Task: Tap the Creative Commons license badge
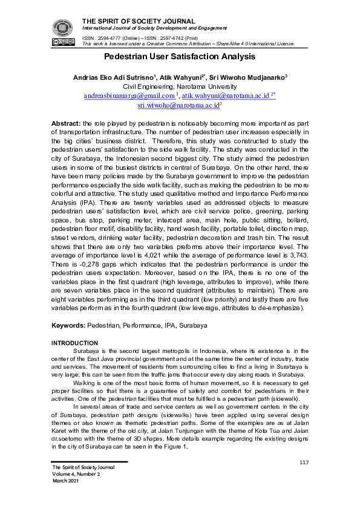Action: (x=62, y=42)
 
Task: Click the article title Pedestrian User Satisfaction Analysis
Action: (x=180, y=57)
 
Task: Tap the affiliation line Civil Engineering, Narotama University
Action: (x=180, y=86)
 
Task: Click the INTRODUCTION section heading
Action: (x=76, y=343)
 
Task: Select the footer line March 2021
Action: (x=65, y=481)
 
